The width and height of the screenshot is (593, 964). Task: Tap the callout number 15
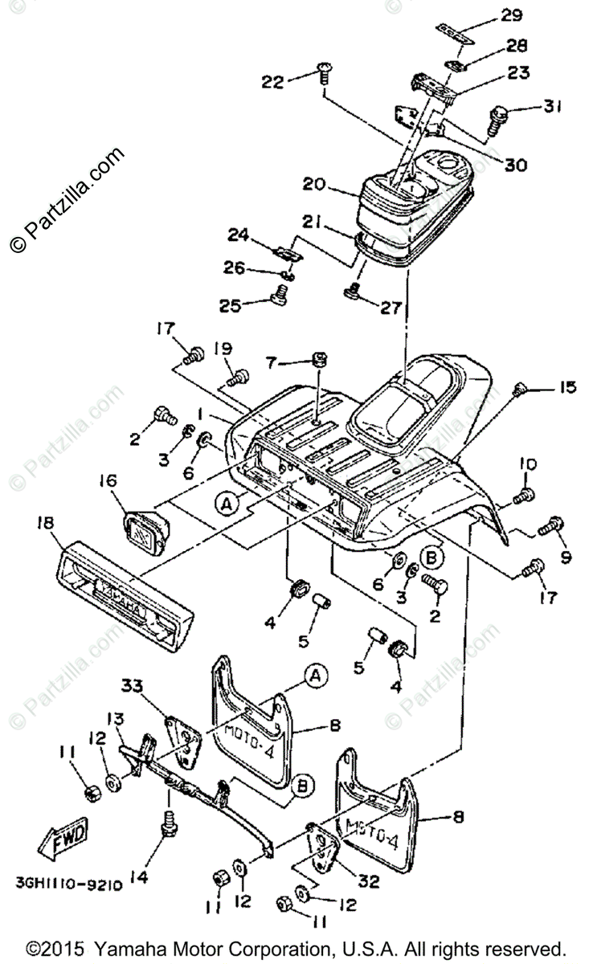[566, 388]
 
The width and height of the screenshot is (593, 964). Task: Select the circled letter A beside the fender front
[227, 503]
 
